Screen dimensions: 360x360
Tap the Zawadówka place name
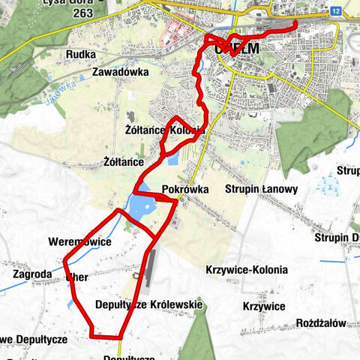click(121, 72)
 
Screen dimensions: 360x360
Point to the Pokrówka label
click(185, 190)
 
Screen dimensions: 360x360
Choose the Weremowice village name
click(79, 242)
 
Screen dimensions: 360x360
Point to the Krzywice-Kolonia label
click(246, 269)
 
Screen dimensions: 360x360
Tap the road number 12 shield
click(334, 11)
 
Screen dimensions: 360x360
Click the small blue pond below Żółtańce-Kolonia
click(173, 160)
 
